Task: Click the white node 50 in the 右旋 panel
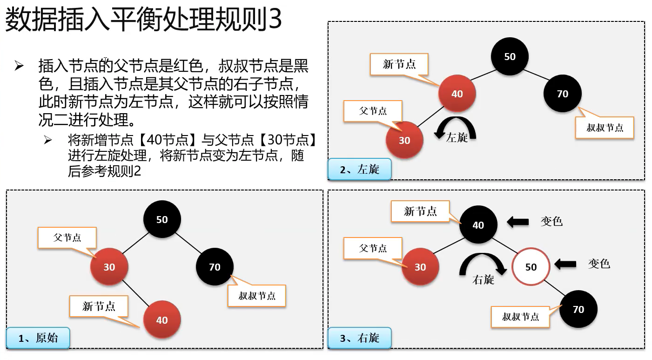point(531,267)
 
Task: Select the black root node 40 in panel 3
point(478,225)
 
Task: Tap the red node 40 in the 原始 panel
point(162,320)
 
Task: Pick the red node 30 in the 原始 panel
point(109,267)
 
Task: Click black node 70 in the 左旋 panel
point(563,94)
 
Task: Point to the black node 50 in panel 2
point(510,56)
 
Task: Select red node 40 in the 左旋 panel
point(457,94)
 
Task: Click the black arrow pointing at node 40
point(517,222)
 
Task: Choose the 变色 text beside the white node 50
point(599,264)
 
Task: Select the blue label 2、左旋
point(359,170)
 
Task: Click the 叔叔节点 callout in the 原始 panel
point(257,296)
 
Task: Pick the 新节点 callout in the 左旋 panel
point(399,64)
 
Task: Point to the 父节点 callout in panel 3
point(373,248)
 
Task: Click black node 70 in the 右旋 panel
point(578,309)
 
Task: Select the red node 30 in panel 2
point(404,140)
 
